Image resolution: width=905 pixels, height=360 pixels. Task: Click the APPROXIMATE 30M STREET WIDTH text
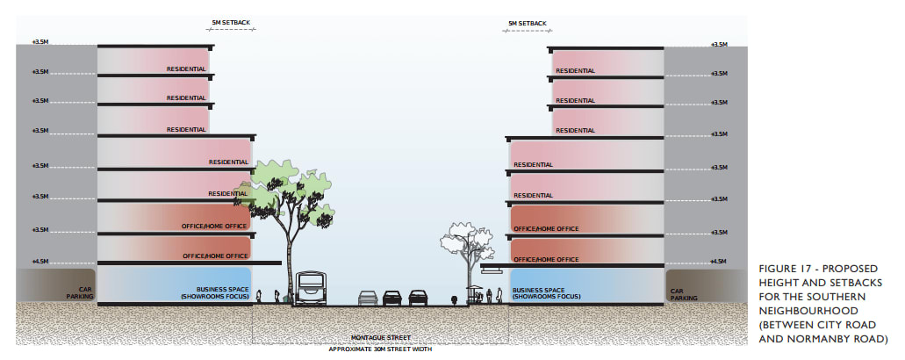pyautogui.click(x=381, y=348)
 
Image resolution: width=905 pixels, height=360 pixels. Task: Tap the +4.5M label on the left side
pyautogui.click(x=40, y=261)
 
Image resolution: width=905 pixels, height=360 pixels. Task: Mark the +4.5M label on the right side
pyautogui.click(x=719, y=261)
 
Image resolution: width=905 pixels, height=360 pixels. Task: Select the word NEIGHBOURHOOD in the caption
pyautogui.click(x=804, y=311)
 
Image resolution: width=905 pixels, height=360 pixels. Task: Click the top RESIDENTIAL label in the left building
pyautogui.click(x=186, y=69)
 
